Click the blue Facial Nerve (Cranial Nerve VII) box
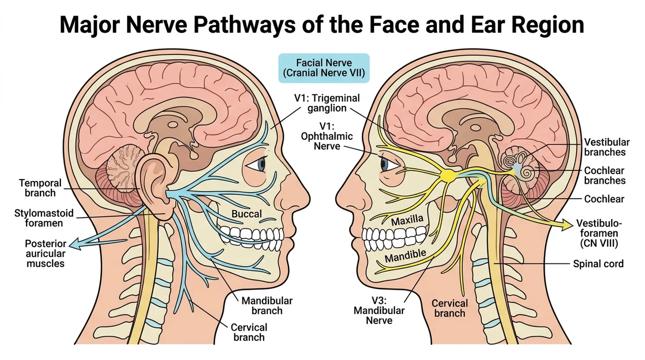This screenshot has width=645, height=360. tap(324, 68)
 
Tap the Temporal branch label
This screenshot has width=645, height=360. tap(40, 188)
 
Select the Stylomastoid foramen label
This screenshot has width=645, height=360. tap(44, 218)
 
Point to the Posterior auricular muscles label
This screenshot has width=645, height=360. tap(45, 254)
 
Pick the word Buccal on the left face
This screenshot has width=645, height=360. tap(247, 214)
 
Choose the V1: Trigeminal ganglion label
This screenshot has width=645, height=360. tap(327, 103)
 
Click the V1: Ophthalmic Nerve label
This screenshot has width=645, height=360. tap(327, 136)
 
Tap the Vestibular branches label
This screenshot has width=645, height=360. tap(607, 147)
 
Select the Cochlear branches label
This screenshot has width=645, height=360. tap(605, 175)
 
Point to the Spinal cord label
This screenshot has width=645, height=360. tap(598, 264)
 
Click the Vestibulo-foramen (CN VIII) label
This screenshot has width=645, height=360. tap(599, 233)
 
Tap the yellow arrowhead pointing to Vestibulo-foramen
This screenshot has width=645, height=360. tap(567, 225)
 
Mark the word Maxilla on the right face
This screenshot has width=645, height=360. tap(407, 220)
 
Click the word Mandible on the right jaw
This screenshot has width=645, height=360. tap(405, 256)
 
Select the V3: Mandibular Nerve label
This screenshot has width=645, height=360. tap(379, 311)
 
